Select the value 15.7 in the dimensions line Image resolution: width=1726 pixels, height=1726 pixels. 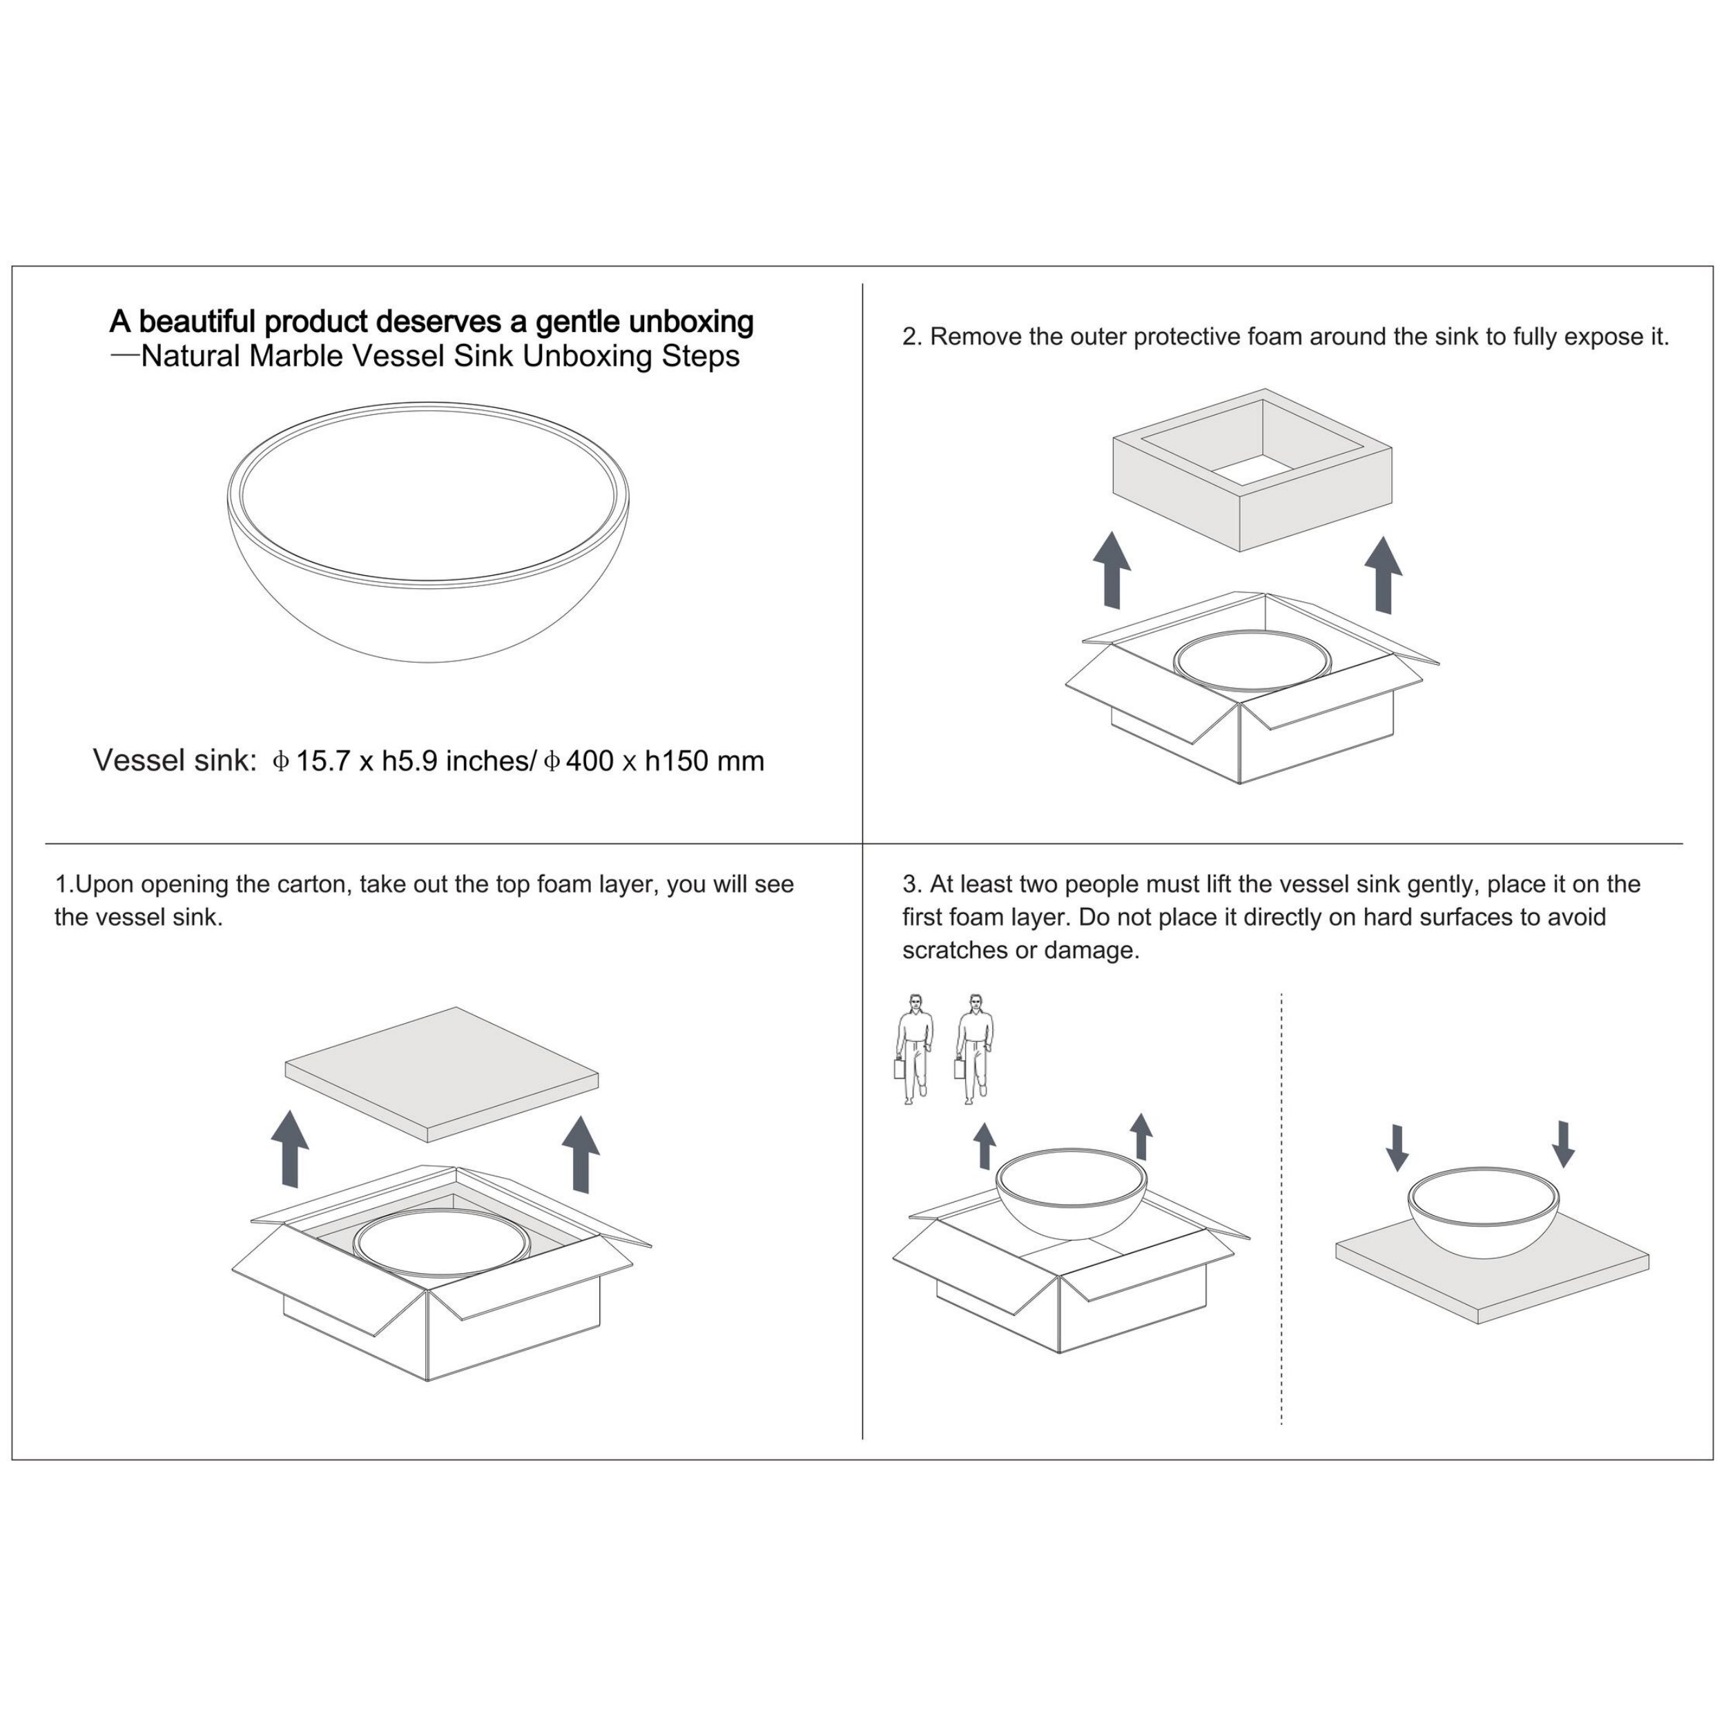323,761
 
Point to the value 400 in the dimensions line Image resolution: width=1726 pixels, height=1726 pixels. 590,761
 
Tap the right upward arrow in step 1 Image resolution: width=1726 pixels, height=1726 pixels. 581,1154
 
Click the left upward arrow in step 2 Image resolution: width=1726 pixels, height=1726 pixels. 1112,570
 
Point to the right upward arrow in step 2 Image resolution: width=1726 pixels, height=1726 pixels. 1384,575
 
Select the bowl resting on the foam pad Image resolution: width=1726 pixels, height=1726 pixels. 1484,1212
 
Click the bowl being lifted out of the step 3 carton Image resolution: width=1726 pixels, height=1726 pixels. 1072,1194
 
